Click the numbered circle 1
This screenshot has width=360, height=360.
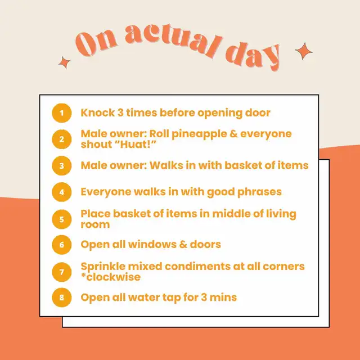[x=62, y=113]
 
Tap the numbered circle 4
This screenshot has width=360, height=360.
[x=62, y=192]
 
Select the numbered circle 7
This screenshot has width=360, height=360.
[x=62, y=272]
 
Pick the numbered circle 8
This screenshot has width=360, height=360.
[x=62, y=298]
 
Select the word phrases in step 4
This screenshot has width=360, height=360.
[x=259, y=192]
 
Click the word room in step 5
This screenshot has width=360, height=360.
[x=95, y=224]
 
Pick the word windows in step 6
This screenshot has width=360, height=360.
[x=152, y=244]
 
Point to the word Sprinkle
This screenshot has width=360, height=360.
[x=103, y=267]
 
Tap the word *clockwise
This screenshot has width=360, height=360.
[x=111, y=277]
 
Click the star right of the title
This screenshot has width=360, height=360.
[x=304, y=51]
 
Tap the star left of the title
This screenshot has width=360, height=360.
[x=64, y=62]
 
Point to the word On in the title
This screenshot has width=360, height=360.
[x=96, y=43]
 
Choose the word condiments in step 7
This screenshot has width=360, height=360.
[x=197, y=267]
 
